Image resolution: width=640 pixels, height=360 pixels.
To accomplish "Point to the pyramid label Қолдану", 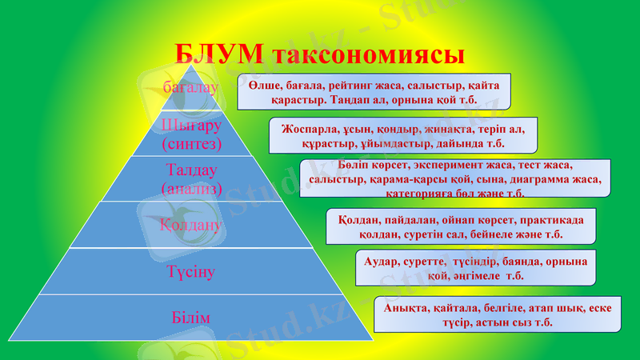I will click(190, 225).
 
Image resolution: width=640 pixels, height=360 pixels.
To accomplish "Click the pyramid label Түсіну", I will click(190, 272).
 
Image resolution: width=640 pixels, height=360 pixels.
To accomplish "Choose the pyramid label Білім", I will click(190, 318).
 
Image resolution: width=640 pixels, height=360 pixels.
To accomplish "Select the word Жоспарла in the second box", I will click(310, 128).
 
